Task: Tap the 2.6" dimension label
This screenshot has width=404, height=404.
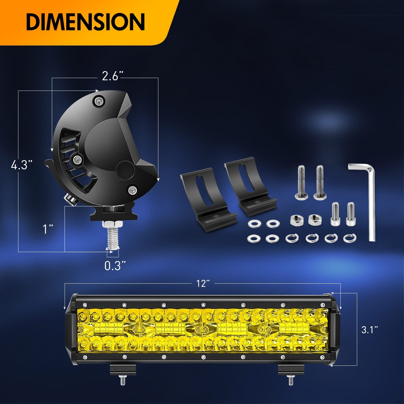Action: tap(111, 76)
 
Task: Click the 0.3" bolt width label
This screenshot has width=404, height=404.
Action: tap(115, 266)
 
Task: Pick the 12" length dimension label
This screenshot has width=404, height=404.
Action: tap(203, 283)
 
